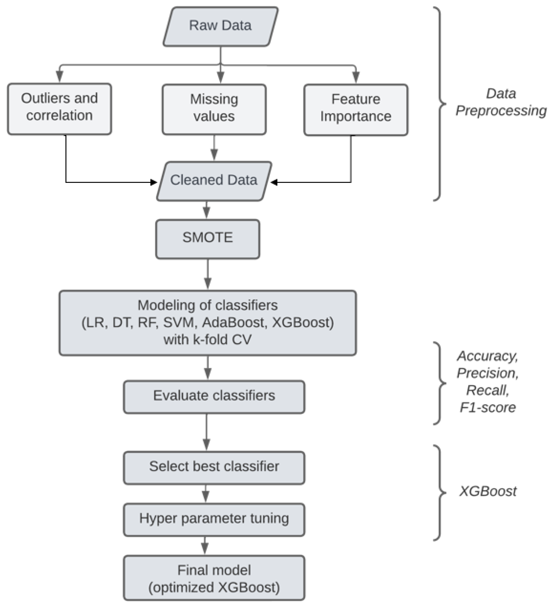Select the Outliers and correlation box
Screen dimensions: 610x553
click(59, 109)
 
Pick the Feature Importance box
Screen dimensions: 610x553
click(356, 110)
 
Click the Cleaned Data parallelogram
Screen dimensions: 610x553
click(214, 181)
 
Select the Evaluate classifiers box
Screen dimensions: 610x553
click(214, 396)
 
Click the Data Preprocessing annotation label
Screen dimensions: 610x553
click(501, 102)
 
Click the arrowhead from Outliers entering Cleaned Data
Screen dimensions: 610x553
click(154, 182)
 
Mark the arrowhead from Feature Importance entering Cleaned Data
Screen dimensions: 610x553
click(274, 182)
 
